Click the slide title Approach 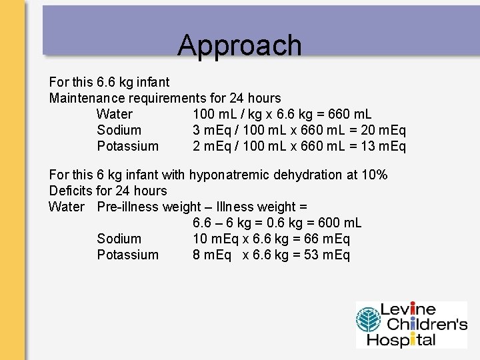click(239, 45)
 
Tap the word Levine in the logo click(408, 310)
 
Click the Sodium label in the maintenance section click(119, 130)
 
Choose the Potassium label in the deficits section click(127, 255)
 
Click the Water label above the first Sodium click(114, 114)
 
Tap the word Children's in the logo click(423, 325)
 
